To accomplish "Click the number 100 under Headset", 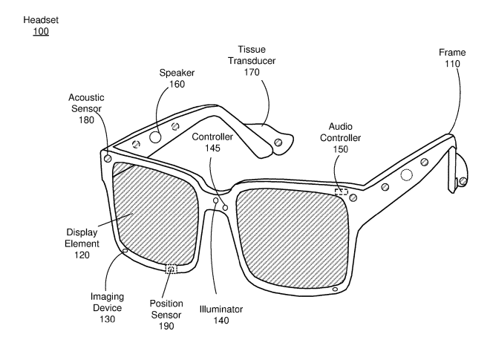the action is point(41,31).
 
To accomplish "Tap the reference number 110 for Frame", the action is point(452,64).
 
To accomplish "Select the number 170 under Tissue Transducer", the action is point(252,72).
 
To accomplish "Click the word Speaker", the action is point(177,73).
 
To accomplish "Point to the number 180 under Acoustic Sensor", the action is point(86,120).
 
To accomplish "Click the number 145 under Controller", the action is point(212,148).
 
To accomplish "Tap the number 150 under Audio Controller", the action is point(341,149).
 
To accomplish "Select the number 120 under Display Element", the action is point(82,255).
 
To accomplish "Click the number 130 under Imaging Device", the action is point(107,319).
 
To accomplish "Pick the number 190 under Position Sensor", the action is point(166,326).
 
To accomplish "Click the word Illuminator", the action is point(221,310).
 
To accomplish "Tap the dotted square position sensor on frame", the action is point(171,269).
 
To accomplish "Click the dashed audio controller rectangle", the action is point(341,192).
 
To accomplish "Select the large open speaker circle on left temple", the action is point(155,137).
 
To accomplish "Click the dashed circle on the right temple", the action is point(406,175).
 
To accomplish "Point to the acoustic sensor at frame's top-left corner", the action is point(107,158).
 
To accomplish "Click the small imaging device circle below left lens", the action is point(125,251).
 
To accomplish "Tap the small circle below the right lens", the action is point(335,289).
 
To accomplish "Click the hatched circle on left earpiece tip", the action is point(278,143).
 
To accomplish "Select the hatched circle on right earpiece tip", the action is point(463,181).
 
